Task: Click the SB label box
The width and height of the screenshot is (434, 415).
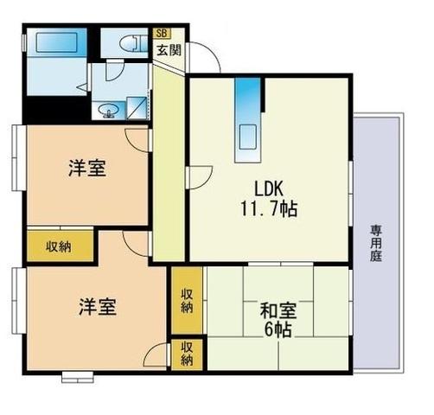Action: pos(162,33)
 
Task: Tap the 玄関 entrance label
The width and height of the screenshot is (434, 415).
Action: pos(169,50)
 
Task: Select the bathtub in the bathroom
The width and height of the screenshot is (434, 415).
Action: pos(56,42)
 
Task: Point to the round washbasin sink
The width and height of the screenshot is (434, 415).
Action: pos(108,110)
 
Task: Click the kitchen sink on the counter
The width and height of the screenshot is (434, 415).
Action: pos(247,137)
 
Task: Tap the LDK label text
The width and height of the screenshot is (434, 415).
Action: pos(269,188)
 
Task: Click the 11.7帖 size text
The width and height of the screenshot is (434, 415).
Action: pos(269,208)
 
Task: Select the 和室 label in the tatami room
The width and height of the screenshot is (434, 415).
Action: pos(278,310)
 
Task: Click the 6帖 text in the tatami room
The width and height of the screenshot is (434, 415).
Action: pos(278,329)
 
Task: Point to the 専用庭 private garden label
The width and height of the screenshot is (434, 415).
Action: pos(376,243)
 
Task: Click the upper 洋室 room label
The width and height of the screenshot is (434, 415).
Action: pos(87,168)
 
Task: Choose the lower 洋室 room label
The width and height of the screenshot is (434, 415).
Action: pos(98,307)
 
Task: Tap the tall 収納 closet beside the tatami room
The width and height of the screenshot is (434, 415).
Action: pos(187,300)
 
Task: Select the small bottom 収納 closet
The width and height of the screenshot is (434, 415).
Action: pos(187,354)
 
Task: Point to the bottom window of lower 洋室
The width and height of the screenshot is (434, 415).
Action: pos(78,377)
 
